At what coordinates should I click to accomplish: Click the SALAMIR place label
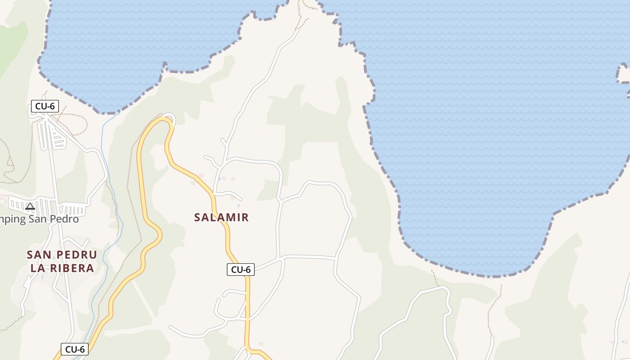coord(221,217)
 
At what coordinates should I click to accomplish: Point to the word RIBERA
coord(72,268)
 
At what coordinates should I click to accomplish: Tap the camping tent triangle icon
coord(30,206)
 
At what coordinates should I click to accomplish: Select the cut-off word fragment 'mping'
coord(13,220)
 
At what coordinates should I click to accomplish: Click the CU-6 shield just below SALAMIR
coord(240,270)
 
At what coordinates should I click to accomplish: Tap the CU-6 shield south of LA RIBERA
coord(75,349)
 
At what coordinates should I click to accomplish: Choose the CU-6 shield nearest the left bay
coord(45,107)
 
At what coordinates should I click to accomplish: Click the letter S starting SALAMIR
coord(197,217)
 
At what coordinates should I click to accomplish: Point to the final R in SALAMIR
coord(245,217)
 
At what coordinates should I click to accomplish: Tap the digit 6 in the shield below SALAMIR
coord(248,270)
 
